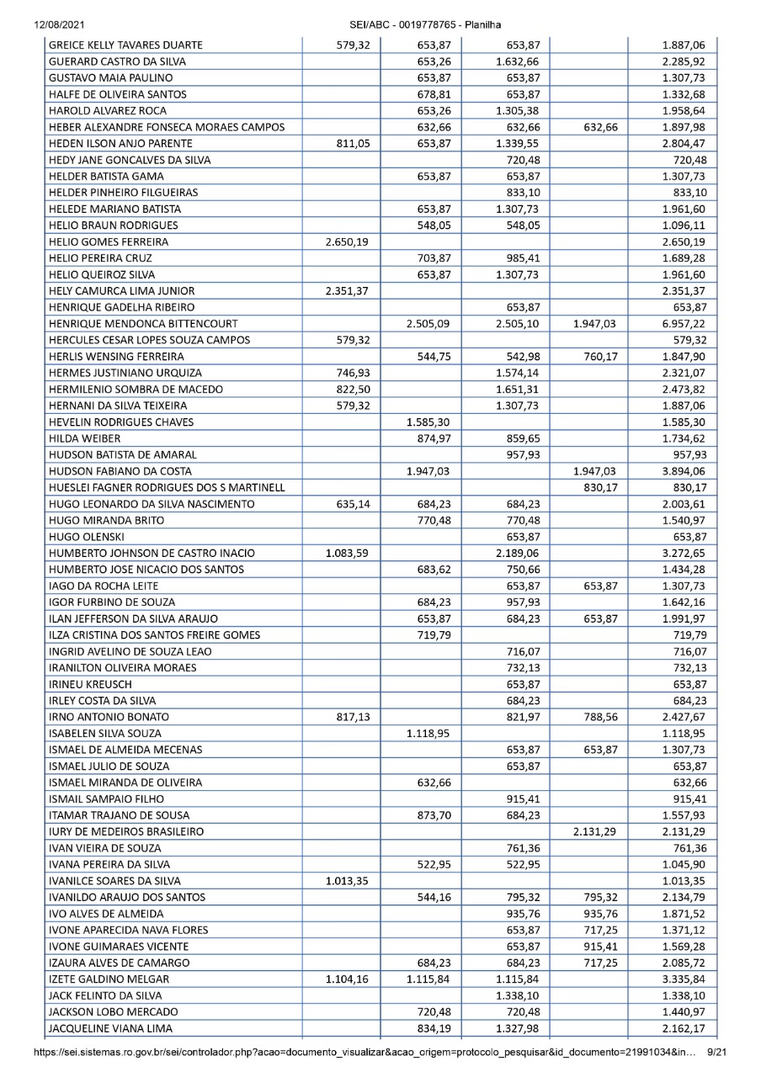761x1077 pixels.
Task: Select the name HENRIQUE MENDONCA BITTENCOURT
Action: (x=143, y=323)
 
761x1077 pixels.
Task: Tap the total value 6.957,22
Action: (x=683, y=323)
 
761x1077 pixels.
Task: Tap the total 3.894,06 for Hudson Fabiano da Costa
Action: (x=683, y=471)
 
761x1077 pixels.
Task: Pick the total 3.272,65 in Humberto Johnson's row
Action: (x=683, y=553)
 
